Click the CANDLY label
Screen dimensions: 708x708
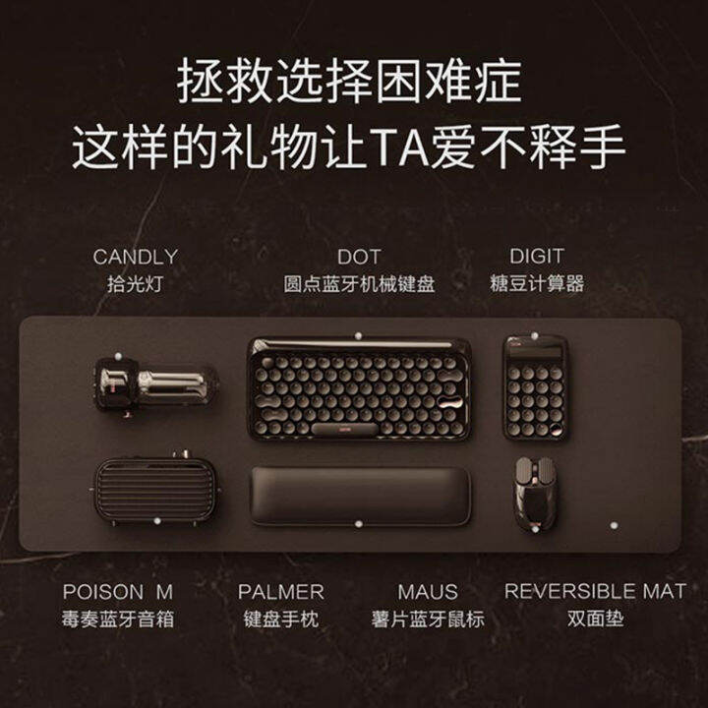click(x=136, y=257)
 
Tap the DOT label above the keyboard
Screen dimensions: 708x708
click(x=359, y=257)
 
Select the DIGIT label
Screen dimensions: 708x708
click(x=536, y=257)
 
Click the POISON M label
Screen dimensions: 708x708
click(x=117, y=592)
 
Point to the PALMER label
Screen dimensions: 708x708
click(x=280, y=592)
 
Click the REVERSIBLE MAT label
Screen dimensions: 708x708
click(x=595, y=592)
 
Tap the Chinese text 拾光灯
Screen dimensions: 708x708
click(x=136, y=284)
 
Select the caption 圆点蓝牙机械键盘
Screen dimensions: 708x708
click(x=359, y=284)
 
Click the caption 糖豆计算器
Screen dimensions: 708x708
click(x=536, y=284)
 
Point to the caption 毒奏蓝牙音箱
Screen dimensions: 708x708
click(x=117, y=620)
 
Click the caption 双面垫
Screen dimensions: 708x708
click(x=595, y=620)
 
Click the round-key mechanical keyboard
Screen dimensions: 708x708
click(x=359, y=388)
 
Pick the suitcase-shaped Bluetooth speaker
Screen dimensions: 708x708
click(x=153, y=489)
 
